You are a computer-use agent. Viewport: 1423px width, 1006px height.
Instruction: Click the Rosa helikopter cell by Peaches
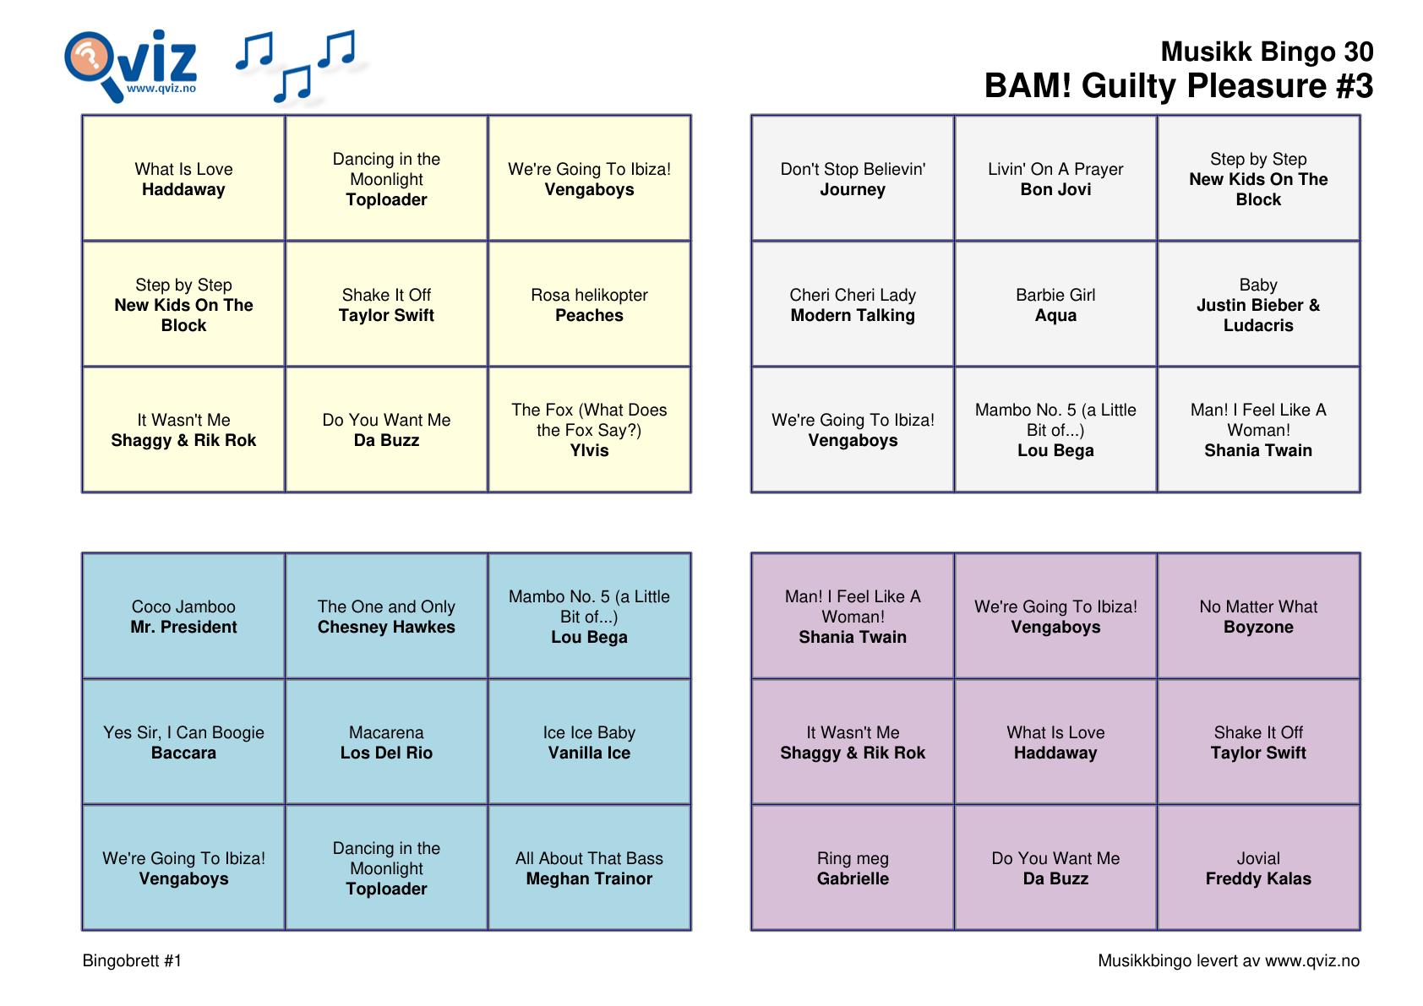589,305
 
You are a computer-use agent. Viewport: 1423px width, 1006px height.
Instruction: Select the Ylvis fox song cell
589,430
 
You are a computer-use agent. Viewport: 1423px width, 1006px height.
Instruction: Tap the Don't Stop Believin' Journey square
853,179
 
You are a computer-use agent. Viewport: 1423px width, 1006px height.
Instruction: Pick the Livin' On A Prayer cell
1055,179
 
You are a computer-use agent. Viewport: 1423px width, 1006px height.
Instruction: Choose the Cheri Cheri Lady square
853,305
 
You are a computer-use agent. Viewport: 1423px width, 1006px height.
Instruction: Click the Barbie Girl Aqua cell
1055,305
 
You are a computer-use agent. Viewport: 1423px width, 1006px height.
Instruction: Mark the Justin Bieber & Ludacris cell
1258,305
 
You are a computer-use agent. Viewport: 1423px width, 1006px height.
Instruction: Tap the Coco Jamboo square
183,617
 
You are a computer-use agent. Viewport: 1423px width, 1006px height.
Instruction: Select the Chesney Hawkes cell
386,617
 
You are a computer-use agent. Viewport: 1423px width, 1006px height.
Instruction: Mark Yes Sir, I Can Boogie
183,742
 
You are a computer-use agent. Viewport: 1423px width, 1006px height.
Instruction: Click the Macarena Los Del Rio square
386,742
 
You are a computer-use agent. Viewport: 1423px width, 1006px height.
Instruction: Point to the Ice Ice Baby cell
589,742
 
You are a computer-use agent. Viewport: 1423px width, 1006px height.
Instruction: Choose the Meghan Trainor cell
589,868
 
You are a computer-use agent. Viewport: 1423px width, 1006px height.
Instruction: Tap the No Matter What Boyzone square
1258,617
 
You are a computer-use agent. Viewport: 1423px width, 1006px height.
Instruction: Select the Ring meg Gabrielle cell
853,868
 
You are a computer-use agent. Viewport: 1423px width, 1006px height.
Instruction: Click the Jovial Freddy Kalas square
1258,868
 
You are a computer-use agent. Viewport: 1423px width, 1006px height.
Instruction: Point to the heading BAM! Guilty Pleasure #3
1178,86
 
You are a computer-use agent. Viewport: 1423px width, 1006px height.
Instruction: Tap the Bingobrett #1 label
132,960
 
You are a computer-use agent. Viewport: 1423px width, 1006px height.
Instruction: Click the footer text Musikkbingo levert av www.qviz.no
1228,960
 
